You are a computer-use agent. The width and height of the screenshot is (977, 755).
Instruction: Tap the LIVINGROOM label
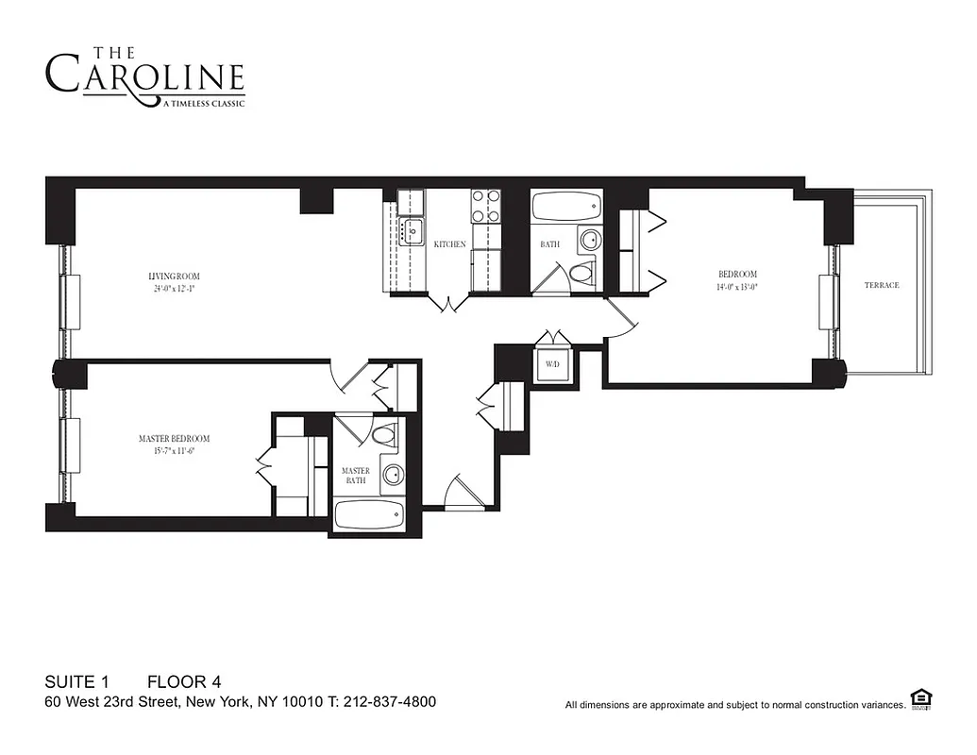point(174,277)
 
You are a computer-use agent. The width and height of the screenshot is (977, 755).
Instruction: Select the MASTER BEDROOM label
point(174,439)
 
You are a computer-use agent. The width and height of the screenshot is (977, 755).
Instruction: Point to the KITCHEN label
point(449,244)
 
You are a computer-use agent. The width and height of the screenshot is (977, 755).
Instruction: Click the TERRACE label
point(882,285)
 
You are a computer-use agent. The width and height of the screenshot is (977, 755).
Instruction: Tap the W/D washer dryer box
point(550,364)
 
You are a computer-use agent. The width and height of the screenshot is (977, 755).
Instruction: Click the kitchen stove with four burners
point(486,207)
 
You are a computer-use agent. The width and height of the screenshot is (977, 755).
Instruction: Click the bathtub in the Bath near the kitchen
point(566,205)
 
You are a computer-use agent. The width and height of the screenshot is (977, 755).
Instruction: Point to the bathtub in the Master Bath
point(369,514)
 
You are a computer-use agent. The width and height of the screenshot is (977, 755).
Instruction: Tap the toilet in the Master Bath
point(384,436)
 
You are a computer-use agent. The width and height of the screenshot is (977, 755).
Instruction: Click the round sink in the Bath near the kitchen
point(589,240)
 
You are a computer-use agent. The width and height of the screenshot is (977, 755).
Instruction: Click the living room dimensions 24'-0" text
point(174,289)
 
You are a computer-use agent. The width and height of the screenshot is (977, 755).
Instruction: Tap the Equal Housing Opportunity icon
point(922,698)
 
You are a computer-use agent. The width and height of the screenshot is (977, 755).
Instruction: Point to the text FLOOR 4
point(183,681)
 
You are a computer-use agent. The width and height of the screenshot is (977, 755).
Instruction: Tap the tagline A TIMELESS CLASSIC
point(205,103)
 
